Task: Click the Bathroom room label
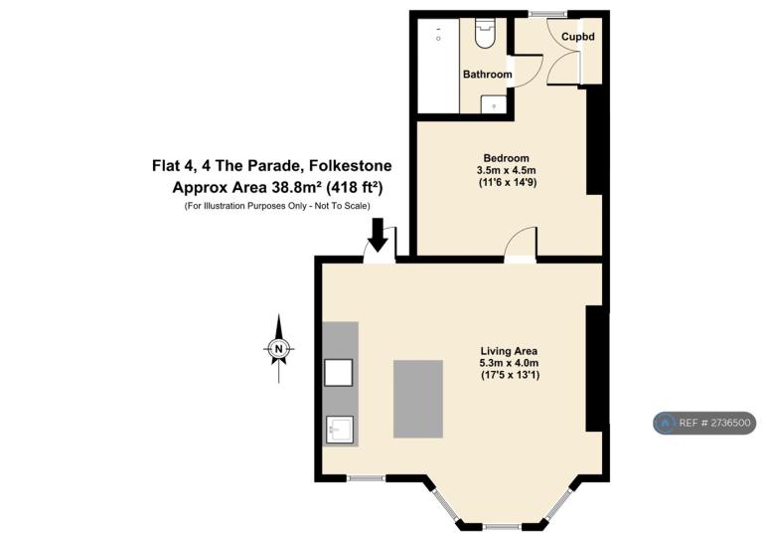click(487, 75)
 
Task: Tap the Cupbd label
click(577, 37)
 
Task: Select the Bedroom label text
click(506, 158)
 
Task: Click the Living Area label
click(509, 351)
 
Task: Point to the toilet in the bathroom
click(485, 33)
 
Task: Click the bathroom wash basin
click(494, 104)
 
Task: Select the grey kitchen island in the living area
click(418, 399)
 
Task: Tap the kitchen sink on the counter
click(339, 430)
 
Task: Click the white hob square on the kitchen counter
click(338, 373)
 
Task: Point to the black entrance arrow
click(378, 235)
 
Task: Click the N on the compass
click(278, 349)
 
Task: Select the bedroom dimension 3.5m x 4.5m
click(506, 170)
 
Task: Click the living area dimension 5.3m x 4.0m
click(509, 363)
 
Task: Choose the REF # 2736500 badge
click(704, 423)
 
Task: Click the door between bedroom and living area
click(521, 245)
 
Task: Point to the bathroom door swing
click(526, 71)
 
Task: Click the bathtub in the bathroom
click(438, 66)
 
